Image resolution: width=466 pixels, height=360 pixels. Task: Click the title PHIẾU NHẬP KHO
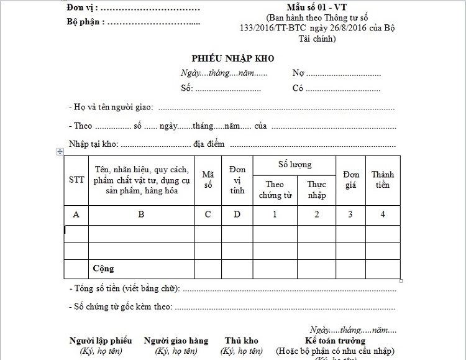[x=232, y=58]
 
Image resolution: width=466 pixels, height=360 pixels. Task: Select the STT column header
[x=76, y=180]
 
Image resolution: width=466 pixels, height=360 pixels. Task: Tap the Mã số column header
[x=208, y=180]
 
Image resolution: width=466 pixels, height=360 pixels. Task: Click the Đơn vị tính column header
[x=237, y=180]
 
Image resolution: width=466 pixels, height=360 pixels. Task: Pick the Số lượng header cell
[x=295, y=165]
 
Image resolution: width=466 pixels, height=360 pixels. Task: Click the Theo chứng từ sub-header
[x=275, y=190]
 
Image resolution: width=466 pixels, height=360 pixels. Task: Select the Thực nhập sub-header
[x=316, y=190]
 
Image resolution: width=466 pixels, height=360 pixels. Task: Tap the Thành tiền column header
[x=383, y=180]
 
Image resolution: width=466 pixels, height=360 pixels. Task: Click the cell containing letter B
[x=141, y=215]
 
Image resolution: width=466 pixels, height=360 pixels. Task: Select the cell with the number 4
[x=383, y=215]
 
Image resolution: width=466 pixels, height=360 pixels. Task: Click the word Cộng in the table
[x=103, y=269]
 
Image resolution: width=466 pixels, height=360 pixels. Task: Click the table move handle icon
[x=60, y=151]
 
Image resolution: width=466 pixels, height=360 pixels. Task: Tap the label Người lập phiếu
[x=101, y=341]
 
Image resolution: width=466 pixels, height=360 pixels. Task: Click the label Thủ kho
[x=242, y=341]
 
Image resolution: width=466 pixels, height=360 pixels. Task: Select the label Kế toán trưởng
[x=336, y=341]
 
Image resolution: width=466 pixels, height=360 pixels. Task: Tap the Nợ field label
[x=298, y=73]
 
